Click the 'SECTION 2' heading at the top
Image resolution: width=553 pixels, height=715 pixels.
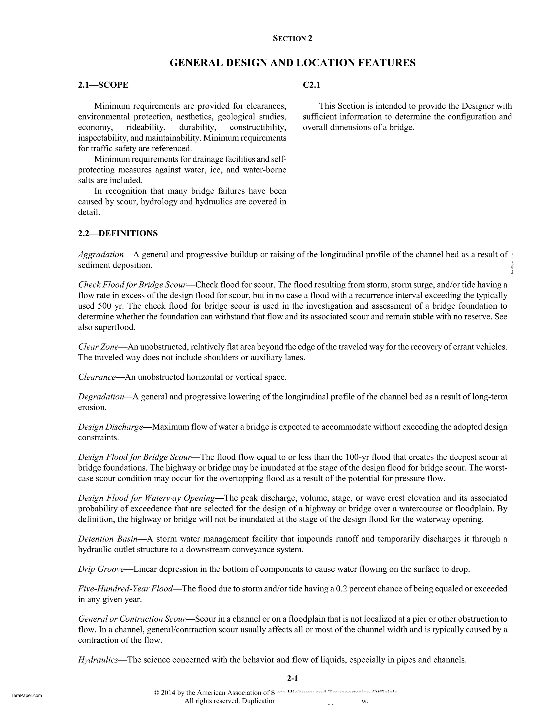[x=292, y=39]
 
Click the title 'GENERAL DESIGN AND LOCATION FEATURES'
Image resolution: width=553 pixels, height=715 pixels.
[x=292, y=63]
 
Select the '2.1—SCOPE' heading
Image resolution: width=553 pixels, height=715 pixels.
[x=103, y=85]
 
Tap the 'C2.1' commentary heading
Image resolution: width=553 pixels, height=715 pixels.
[x=311, y=85]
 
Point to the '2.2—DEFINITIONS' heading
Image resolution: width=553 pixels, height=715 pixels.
[x=118, y=233]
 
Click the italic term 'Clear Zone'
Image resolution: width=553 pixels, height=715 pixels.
[x=98, y=347]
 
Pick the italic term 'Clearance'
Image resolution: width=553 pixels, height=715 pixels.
[x=97, y=377]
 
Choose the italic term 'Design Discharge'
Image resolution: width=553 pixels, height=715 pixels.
[x=110, y=427]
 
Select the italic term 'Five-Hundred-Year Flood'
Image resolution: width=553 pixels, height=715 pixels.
[x=125, y=589]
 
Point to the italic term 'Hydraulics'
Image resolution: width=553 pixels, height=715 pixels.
[x=98, y=660]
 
